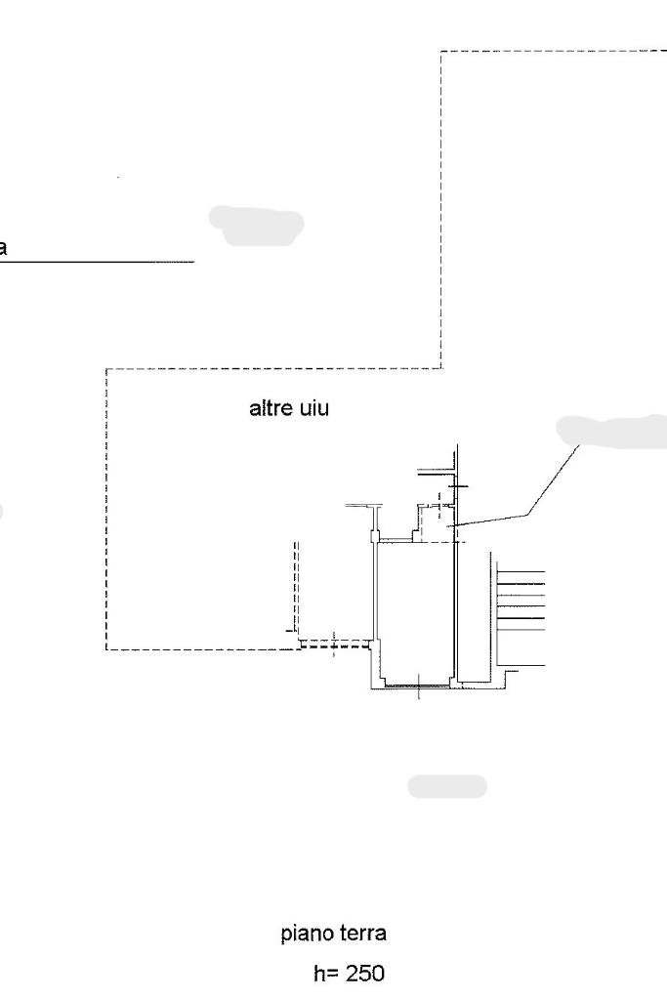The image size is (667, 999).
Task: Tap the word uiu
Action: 314,409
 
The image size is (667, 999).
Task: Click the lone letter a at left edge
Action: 3,248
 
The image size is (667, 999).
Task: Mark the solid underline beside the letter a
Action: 98,262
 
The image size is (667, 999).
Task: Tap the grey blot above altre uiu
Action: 256,225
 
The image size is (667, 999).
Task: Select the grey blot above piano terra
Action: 446,786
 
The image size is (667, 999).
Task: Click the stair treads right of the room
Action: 520,611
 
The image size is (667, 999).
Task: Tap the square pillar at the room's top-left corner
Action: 374,535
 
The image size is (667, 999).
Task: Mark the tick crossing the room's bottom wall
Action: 418,687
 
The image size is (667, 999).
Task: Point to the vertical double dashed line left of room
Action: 295,586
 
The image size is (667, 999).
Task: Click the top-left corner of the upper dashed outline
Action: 441,52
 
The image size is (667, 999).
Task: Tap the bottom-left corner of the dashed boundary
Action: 105,649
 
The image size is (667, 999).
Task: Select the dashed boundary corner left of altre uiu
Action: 105,369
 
